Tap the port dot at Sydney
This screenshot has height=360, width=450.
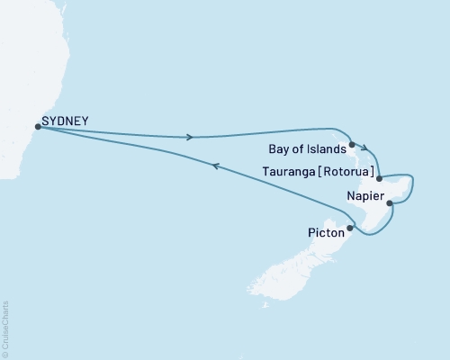click(37, 127)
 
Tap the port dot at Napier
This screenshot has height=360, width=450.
click(390, 203)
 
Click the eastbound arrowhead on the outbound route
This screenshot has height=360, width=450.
click(189, 137)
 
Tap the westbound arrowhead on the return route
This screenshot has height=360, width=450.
click(214, 165)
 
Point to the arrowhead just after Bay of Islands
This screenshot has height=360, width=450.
click(364, 150)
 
